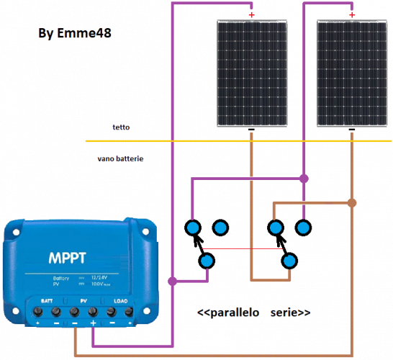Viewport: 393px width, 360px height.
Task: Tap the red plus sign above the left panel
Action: [x=251, y=14]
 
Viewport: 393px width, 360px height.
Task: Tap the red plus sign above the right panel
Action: [x=351, y=14]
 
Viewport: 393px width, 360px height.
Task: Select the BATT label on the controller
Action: [x=45, y=300]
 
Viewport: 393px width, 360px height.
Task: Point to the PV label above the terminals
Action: [x=83, y=300]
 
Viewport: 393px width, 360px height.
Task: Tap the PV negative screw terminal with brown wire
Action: [x=74, y=312]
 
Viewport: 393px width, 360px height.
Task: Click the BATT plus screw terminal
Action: [x=37, y=312]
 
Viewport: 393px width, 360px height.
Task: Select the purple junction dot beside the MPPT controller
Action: [x=172, y=279]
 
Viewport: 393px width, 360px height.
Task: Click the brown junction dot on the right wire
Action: [x=351, y=202]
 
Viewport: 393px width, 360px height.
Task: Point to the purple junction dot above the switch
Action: [x=303, y=177]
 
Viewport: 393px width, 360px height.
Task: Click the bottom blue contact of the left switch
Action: [x=207, y=261]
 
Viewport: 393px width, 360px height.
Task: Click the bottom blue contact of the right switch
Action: [x=289, y=261]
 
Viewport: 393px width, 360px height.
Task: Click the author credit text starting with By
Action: [x=76, y=34]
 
